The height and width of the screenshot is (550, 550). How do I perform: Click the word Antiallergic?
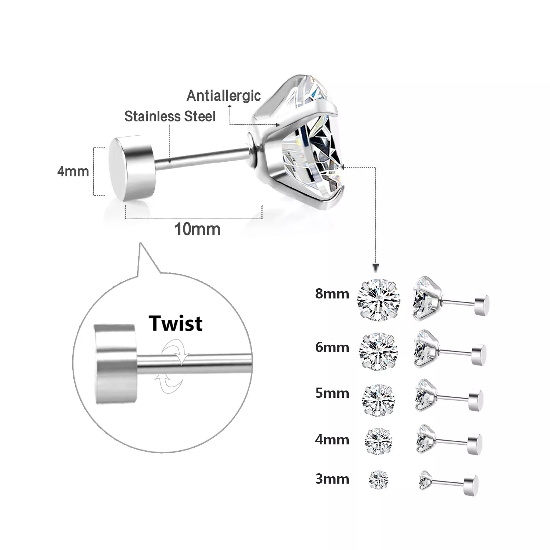pyautogui.click(x=224, y=96)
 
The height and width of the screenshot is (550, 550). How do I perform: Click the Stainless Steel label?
pyautogui.click(x=170, y=117)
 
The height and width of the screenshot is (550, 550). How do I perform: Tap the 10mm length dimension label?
pyautogui.click(x=197, y=230)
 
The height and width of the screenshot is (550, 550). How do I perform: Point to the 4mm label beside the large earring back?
pyautogui.click(x=73, y=171)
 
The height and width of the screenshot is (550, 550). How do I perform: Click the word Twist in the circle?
pyautogui.click(x=175, y=323)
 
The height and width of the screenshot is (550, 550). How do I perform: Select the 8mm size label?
pyautogui.click(x=332, y=294)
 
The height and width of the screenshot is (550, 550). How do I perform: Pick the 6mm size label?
pyautogui.click(x=332, y=347)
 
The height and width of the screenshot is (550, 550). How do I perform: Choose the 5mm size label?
pyautogui.click(x=332, y=393)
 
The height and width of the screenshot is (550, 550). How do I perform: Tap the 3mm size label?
pyautogui.click(x=332, y=479)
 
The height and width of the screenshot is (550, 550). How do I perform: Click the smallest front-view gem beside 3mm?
pyautogui.click(x=378, y=479)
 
